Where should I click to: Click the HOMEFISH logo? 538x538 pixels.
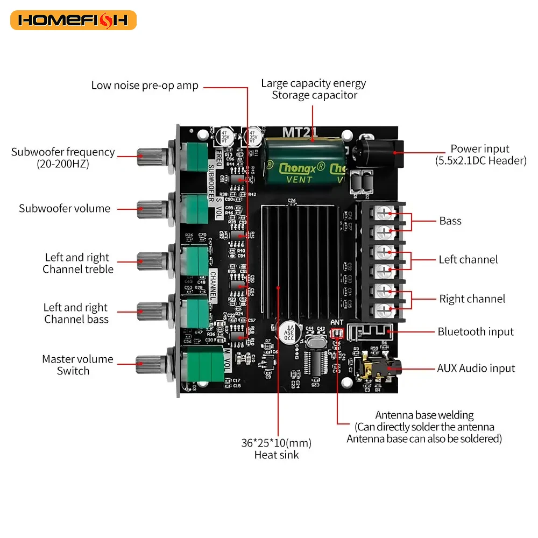[x=73, y=20]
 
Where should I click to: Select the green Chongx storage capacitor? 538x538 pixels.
[x=305, y=161]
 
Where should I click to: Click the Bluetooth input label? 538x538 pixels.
[x=475, y=332]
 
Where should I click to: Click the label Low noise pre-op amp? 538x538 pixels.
[x=145, y=86]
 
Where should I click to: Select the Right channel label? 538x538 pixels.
[x=472, y=299]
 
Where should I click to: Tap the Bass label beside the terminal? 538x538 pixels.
[x=450, y=221]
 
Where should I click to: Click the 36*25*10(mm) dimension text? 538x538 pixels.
[x=276, y=443]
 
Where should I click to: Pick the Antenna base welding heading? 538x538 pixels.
[x=424, y=415]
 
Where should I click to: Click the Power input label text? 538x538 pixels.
[x=479, y=149]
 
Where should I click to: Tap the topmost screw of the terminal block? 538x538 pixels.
[x=384, y=214]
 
